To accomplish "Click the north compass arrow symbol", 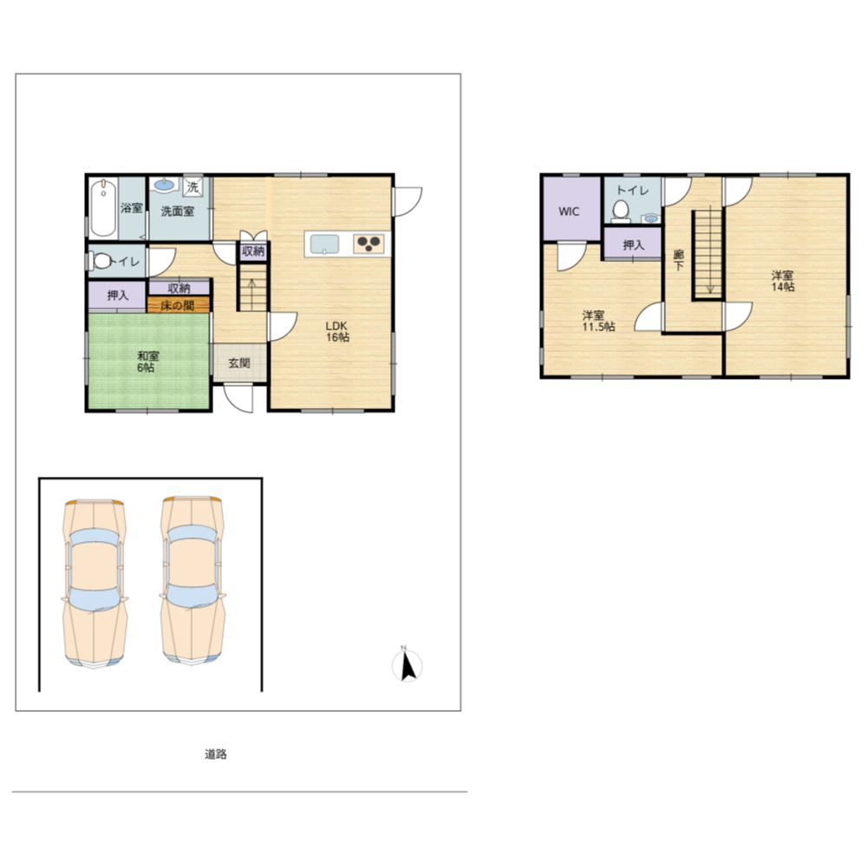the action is point(407,665).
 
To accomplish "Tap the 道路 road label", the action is point(216,753).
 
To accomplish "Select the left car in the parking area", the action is point(95,583).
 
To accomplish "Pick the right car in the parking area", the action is point(192,580).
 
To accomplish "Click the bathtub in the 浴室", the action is point(103,208).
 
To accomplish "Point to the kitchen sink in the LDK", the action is point(324,244).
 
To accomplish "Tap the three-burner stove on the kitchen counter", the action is point(368,244).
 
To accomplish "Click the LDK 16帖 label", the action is point(336,331).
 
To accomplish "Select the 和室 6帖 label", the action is point(146,362).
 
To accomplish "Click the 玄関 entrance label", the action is point(239,363).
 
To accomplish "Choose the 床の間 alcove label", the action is point(178,305).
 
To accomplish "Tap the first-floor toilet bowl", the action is point(101,260).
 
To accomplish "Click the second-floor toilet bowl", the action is point(621,211).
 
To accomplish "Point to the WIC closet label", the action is point(569,212).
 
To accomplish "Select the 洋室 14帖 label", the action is point(783,281).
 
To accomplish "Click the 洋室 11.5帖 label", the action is point(597,321).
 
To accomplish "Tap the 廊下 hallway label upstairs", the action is point(679,260).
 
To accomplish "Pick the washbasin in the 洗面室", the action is point(164,185).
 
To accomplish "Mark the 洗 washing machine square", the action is point(192,186).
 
